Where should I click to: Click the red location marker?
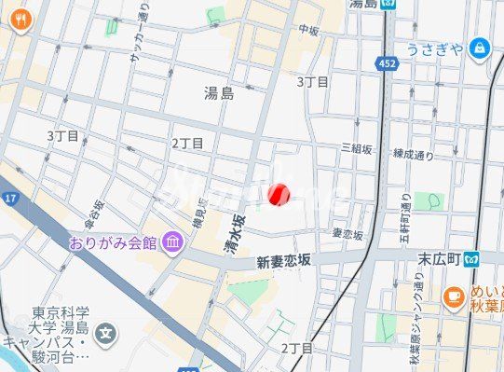279,195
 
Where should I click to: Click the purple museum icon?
172,243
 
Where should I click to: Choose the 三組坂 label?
357,148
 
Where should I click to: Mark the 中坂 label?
308,30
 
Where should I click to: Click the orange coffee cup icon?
455,297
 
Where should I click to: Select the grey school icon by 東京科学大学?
108,331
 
